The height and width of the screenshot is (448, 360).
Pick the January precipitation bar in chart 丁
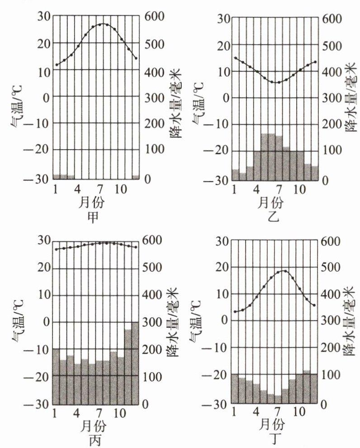235,389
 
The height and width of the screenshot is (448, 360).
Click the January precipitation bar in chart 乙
235,174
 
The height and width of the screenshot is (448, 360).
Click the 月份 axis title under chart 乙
271,203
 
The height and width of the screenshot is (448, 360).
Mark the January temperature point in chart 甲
57,65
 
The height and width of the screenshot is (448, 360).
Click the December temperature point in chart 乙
315,61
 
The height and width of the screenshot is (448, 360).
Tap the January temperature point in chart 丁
235,311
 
